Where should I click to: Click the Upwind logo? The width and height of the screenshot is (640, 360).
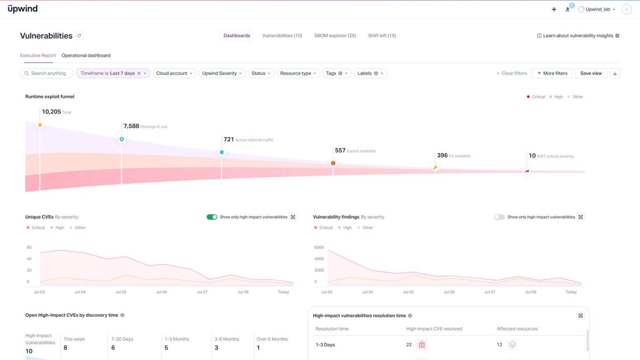pyautogui.click(x=22, y=9)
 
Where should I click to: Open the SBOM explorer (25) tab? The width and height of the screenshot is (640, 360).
pyautogui.click(x=335, y=36)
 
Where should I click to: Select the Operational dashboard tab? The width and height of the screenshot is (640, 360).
pyautogui.click(x=86, y=55)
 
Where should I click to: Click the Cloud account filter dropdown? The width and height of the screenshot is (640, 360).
pyautogui.click(x=174, y=73)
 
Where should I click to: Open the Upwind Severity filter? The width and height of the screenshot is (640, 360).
pyautogui.click(x=222, y=73)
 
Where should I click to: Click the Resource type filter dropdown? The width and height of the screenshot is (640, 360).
pyautogui.click(x=298, y=73)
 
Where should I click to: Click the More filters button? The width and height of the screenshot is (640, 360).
pyautogui.click(x=552, y=73)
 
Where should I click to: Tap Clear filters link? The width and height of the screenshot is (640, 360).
pyautogui.click(x=512, y=73)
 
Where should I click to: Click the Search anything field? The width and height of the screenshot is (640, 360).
pyautogui.click(x=48, y=73)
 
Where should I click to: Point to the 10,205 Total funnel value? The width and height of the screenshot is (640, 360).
pyautogui.click(x=52, y=112)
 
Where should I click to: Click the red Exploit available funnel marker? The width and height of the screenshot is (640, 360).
pyautogui.click(x=333, y=163)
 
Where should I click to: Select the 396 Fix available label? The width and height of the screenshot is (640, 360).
pyautogui.click(x=453, y=155)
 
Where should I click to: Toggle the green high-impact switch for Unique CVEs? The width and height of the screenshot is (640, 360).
pyautogui.click(x=212, y=217)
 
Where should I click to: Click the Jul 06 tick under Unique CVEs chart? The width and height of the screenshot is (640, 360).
pyautogui.click(x=161, y=292)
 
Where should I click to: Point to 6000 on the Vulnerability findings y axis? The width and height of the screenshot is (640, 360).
pyautogui.click(x=319, y=247)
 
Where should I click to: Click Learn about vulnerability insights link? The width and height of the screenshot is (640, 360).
pyautogui.click(x=577, y=36)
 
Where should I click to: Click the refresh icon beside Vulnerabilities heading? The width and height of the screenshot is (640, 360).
pyautogui.click(x=79, y=36)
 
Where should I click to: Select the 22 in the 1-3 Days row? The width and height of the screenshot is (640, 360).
pyautogui.click(x=409, y=345)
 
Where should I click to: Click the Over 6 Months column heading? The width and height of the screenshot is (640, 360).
pyautogui.click(x=272, y=339)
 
